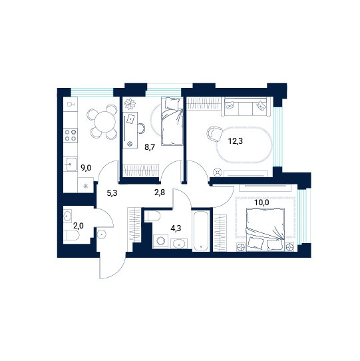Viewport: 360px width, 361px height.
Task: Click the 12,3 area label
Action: click(236, 141)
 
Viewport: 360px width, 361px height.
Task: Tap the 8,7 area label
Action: click(150, 147)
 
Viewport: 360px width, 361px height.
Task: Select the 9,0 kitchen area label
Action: click(86, 168)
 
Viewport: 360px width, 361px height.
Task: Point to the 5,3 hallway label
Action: click(112, 192)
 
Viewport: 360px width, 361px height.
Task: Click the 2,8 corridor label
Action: click(160, 192)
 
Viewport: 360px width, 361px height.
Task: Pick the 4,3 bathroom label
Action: click(176, 228)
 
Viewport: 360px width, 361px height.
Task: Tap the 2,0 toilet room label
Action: click(79, 226)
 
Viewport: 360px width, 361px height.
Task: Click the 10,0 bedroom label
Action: click(262, 202)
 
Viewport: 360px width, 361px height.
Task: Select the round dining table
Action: click(105, 122)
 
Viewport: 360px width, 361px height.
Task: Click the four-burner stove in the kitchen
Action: click(71, 135)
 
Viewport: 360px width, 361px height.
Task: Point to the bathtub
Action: click(201, 230)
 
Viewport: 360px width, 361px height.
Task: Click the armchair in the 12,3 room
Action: click(214, 133)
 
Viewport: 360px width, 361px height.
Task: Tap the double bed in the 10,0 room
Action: click(266, 230)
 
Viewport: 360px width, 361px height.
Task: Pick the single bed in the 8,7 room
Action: click(172, 121)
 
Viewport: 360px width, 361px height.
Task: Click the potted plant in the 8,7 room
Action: click(130, 104)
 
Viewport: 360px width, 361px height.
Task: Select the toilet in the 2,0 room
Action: click(71, 235)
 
